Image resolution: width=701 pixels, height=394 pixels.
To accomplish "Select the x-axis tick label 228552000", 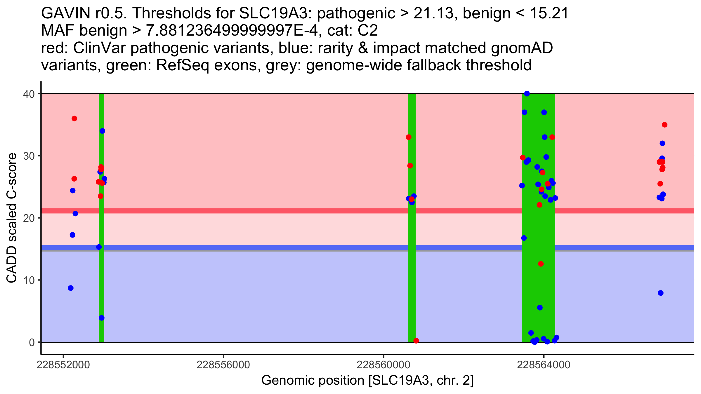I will (63, 365).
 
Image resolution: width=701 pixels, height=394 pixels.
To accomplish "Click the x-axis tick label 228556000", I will (223, 365).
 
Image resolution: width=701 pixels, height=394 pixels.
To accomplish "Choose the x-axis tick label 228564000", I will (544, 365).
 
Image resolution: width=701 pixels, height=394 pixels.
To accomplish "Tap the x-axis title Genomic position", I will (367, 381).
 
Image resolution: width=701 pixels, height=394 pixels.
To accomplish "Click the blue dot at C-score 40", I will (527, 94).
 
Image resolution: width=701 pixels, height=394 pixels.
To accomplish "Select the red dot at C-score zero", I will (416, 341).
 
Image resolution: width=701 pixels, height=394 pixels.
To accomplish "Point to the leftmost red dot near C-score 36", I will (74, 118).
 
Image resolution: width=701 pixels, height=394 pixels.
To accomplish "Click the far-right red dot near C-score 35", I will (664, 125).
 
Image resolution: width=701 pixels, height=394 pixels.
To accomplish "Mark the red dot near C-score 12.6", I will (541, 264).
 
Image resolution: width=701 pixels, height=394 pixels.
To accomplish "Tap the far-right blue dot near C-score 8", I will (661, 293).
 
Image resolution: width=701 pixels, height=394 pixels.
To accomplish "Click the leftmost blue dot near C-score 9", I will (71, 288).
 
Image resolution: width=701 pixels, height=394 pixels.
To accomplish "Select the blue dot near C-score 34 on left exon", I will (102, 131).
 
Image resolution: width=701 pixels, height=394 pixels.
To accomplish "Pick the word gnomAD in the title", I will (522, 48).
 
